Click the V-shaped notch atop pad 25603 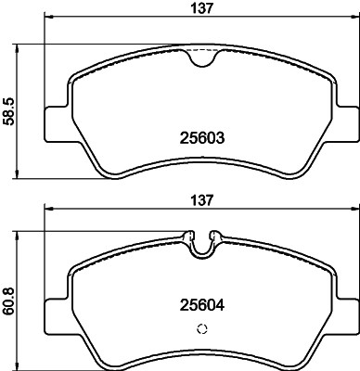202,58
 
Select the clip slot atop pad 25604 202,243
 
